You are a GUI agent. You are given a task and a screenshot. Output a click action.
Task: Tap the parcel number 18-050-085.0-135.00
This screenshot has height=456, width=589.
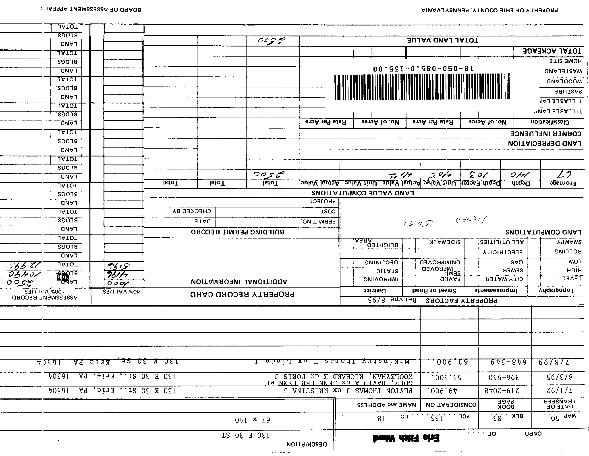pyautogui.click(x=423, y=68)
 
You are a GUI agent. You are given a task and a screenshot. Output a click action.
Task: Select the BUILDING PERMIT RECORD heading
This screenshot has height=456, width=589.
pyautogui.click(x=237, y=232)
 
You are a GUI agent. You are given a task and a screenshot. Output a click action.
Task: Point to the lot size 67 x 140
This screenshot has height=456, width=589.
pyautogui.click(x=252, y=420)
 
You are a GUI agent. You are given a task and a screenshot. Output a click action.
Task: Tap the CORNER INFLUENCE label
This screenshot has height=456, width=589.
pyautogui.click(x=546, y=134)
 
